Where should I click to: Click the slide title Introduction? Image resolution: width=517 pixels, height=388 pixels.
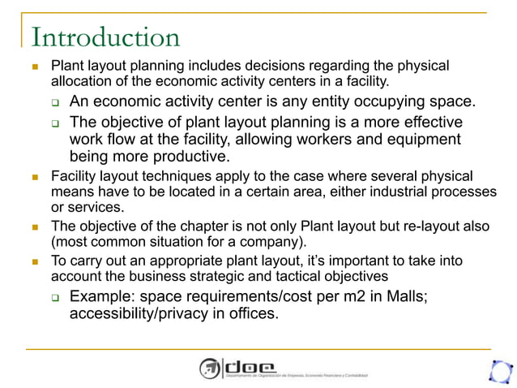tap(105, 37)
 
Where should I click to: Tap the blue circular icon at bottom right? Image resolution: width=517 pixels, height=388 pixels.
tap(500, 370)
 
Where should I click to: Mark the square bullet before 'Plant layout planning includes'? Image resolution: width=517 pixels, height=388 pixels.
tap(35, 66)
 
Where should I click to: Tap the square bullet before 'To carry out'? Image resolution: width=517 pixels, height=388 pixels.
tap(35, 262)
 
